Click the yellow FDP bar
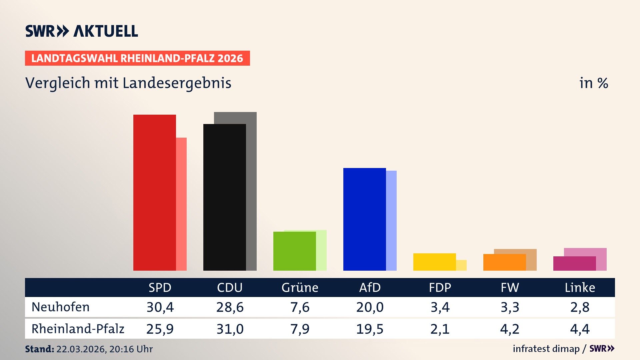pos(434,262)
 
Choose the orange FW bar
pos(504,262)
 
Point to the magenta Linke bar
pos(574,263)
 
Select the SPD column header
pos(160,287)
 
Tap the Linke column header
pos(580,287)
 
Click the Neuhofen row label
pos(60,307)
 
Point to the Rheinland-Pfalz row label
pos(78,329)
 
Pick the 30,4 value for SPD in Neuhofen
pos(160,307)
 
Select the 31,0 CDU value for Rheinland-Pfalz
pos(230,329)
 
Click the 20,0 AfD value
pos(370,307)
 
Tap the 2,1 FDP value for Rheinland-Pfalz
pos(440,329)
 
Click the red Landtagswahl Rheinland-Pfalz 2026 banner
pos(137,58)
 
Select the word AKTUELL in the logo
pos(106,31)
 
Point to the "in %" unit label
pos(594,83)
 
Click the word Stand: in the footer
pos(39,349)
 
